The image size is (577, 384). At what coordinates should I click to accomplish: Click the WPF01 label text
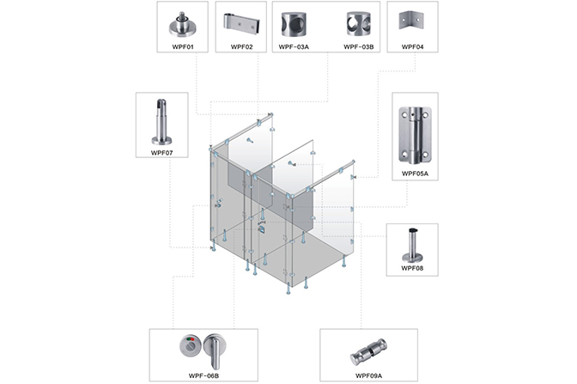click(x=185, y=46)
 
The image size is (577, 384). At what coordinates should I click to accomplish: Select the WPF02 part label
click(x=241, y=46)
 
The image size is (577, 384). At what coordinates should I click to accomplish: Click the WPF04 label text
click(x=413, y=46)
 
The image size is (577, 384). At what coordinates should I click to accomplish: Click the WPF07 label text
click(x=161, y=152)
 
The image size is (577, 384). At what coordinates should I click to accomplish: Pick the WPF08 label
click(x=413, y=267)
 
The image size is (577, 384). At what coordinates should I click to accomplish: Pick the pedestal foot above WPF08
click(x=413, y=244)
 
